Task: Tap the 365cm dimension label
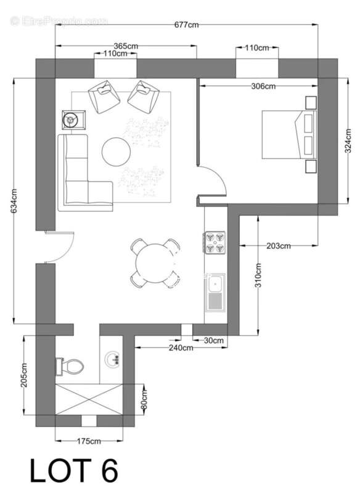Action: point(126,46)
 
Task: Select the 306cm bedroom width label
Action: point(264,86)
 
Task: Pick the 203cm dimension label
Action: point(278,246)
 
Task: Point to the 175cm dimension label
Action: point(89,441)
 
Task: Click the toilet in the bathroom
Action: point(69,367)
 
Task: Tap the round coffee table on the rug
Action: point(117,152)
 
